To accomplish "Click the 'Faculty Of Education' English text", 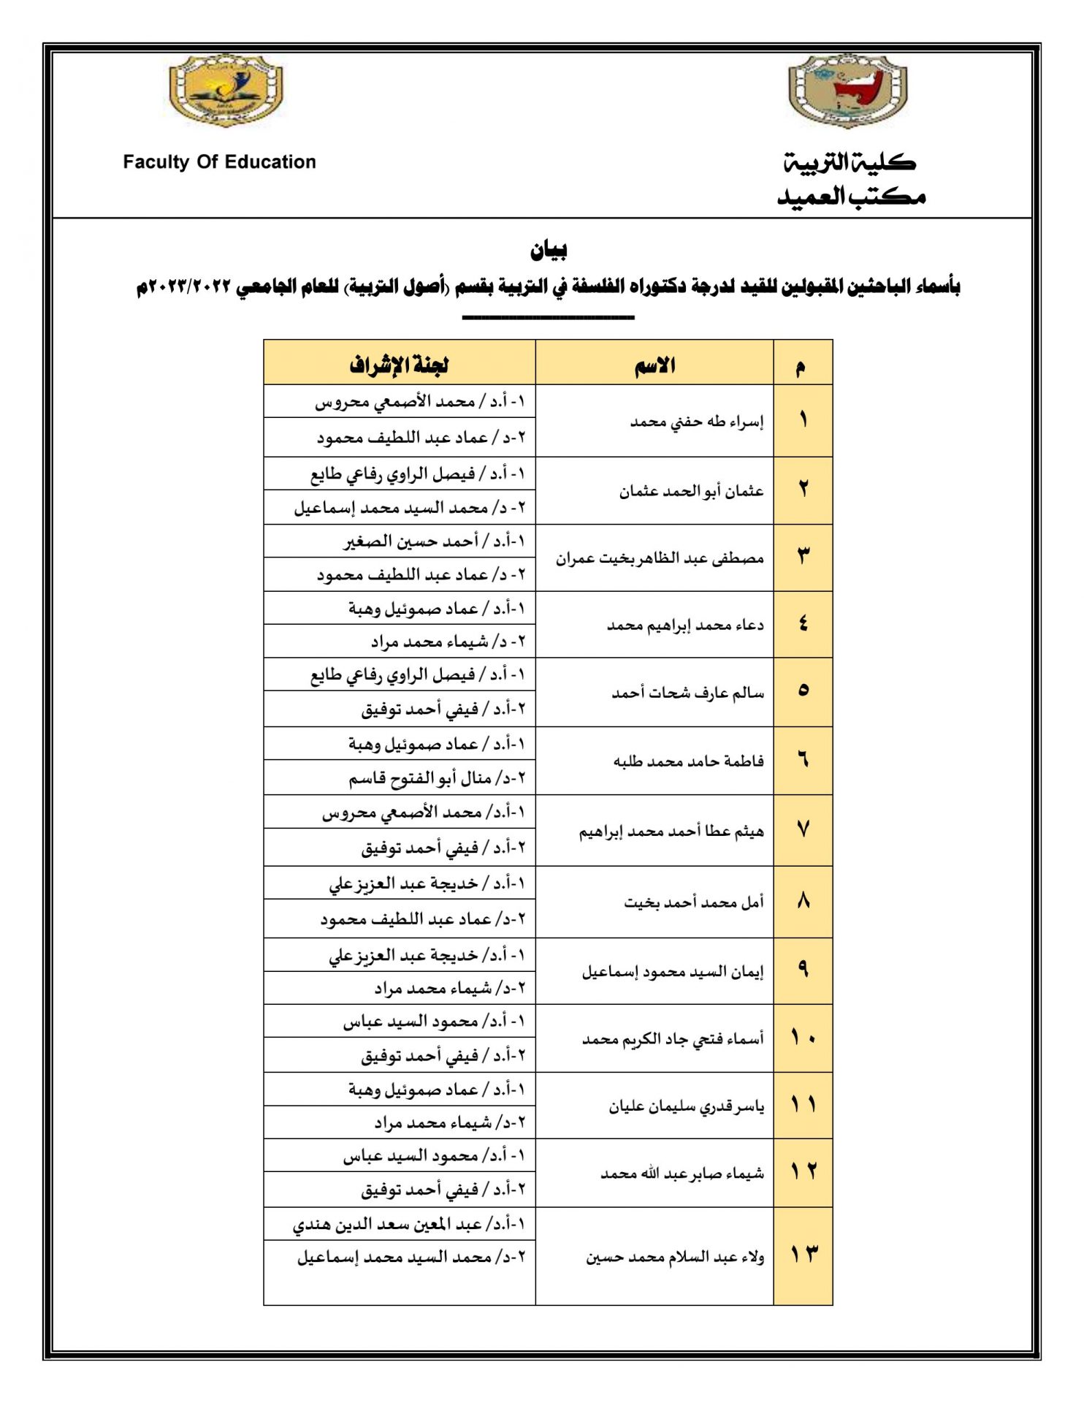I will click(219, 162).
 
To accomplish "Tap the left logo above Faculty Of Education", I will click(226, 91).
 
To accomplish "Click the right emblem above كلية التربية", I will click(847, 91).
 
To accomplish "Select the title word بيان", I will click(549, 251).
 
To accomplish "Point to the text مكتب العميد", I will click(852, 197).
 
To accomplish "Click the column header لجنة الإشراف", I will click(399, 365).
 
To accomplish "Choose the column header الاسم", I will click(654, 365).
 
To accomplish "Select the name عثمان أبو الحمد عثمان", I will click(691, 491).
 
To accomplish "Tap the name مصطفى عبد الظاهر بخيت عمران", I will click(659, 558).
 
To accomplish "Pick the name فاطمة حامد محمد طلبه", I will click(688, 761).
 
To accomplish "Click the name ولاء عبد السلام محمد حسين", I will click(674, 1257).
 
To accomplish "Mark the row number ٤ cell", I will click(803, 624).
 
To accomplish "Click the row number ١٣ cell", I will click(803, 1255).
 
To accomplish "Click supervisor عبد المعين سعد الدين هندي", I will click(408, 1224).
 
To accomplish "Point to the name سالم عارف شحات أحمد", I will click(687, 693).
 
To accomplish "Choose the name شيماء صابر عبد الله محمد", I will click(682, 1174).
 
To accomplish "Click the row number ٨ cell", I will click(803, 902).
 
